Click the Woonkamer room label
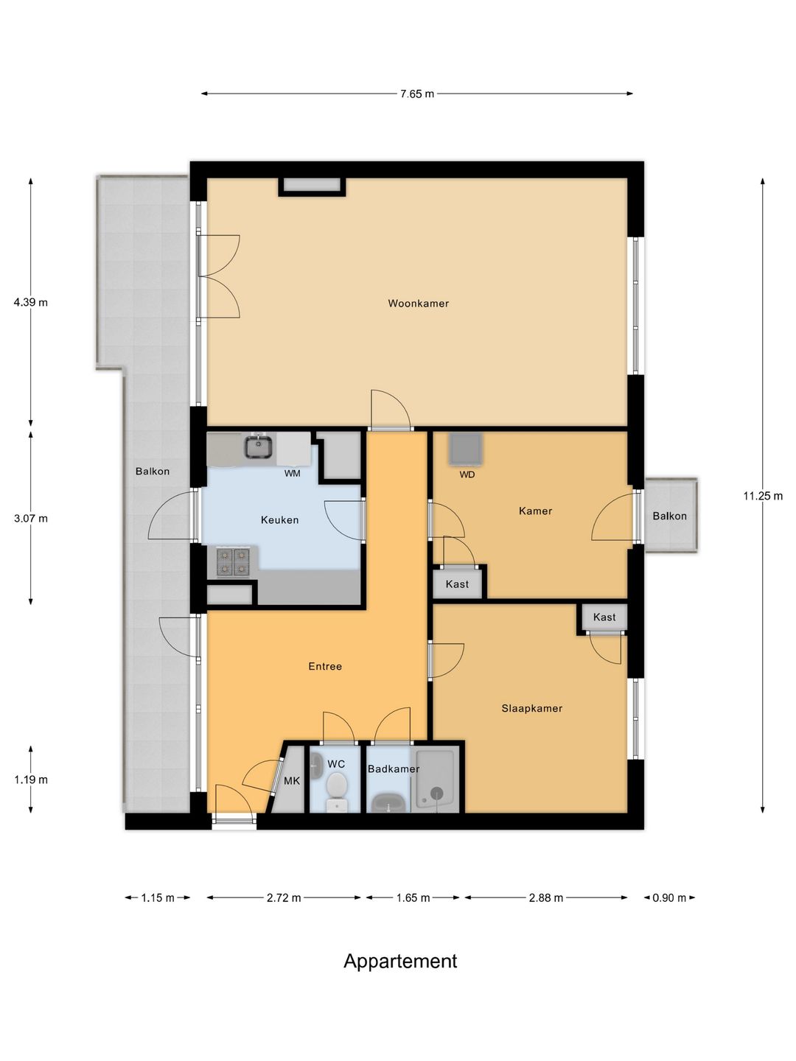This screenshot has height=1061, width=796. (x=418, y=304)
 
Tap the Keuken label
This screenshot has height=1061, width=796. (x=279, y=520)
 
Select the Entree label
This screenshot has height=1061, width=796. (x=325, y=666)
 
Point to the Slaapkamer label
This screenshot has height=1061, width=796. (x=531, y=709)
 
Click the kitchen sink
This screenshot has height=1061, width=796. (x=259, y=447)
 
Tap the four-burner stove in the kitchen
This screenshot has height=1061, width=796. (x=233, y=562)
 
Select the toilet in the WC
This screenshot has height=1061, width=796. (x=336, y=791)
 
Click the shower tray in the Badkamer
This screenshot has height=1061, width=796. (x=436, y=780)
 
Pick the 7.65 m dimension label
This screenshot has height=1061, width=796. (x=417, y=94)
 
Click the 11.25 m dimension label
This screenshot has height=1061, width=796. (x=763, y=495)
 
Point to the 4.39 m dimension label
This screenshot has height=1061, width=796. (x=30, y=303)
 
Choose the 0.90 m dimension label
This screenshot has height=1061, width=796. (x=669, y=898)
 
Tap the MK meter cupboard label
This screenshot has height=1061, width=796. (x=291, y=780)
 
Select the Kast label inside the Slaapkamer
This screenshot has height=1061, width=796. (x=604, y=617)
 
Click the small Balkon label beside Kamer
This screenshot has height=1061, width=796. (x=669, y=516)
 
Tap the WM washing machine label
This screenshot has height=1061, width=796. (x=292, y=473)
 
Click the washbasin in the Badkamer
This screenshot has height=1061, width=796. (x=389, y=803)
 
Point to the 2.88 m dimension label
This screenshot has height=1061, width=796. (x=545, y=898)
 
